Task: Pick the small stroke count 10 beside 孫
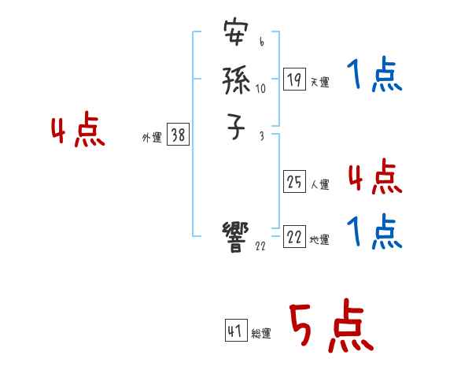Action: tap(260, 89)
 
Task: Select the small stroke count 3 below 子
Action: tap(261, 136)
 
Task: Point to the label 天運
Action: tap(319, 82)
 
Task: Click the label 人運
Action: tap(319, 185)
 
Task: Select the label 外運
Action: tap(152, 138)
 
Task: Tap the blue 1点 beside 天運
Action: tap(374, 76)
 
